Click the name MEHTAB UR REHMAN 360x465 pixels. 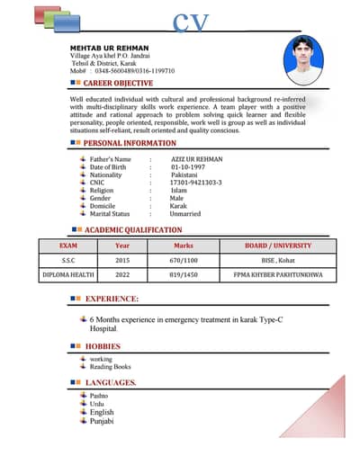109,47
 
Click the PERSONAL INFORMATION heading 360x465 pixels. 130,143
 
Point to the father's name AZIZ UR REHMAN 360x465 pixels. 196,159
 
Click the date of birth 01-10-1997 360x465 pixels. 188,167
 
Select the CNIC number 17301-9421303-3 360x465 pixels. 195,183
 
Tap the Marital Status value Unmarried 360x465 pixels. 184,214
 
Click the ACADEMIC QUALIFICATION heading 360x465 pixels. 133,231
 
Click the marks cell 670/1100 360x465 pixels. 184,260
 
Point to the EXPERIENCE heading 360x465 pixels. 112,298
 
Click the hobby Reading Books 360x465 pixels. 110,367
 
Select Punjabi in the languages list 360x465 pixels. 102,421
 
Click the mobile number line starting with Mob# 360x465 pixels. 122,70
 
